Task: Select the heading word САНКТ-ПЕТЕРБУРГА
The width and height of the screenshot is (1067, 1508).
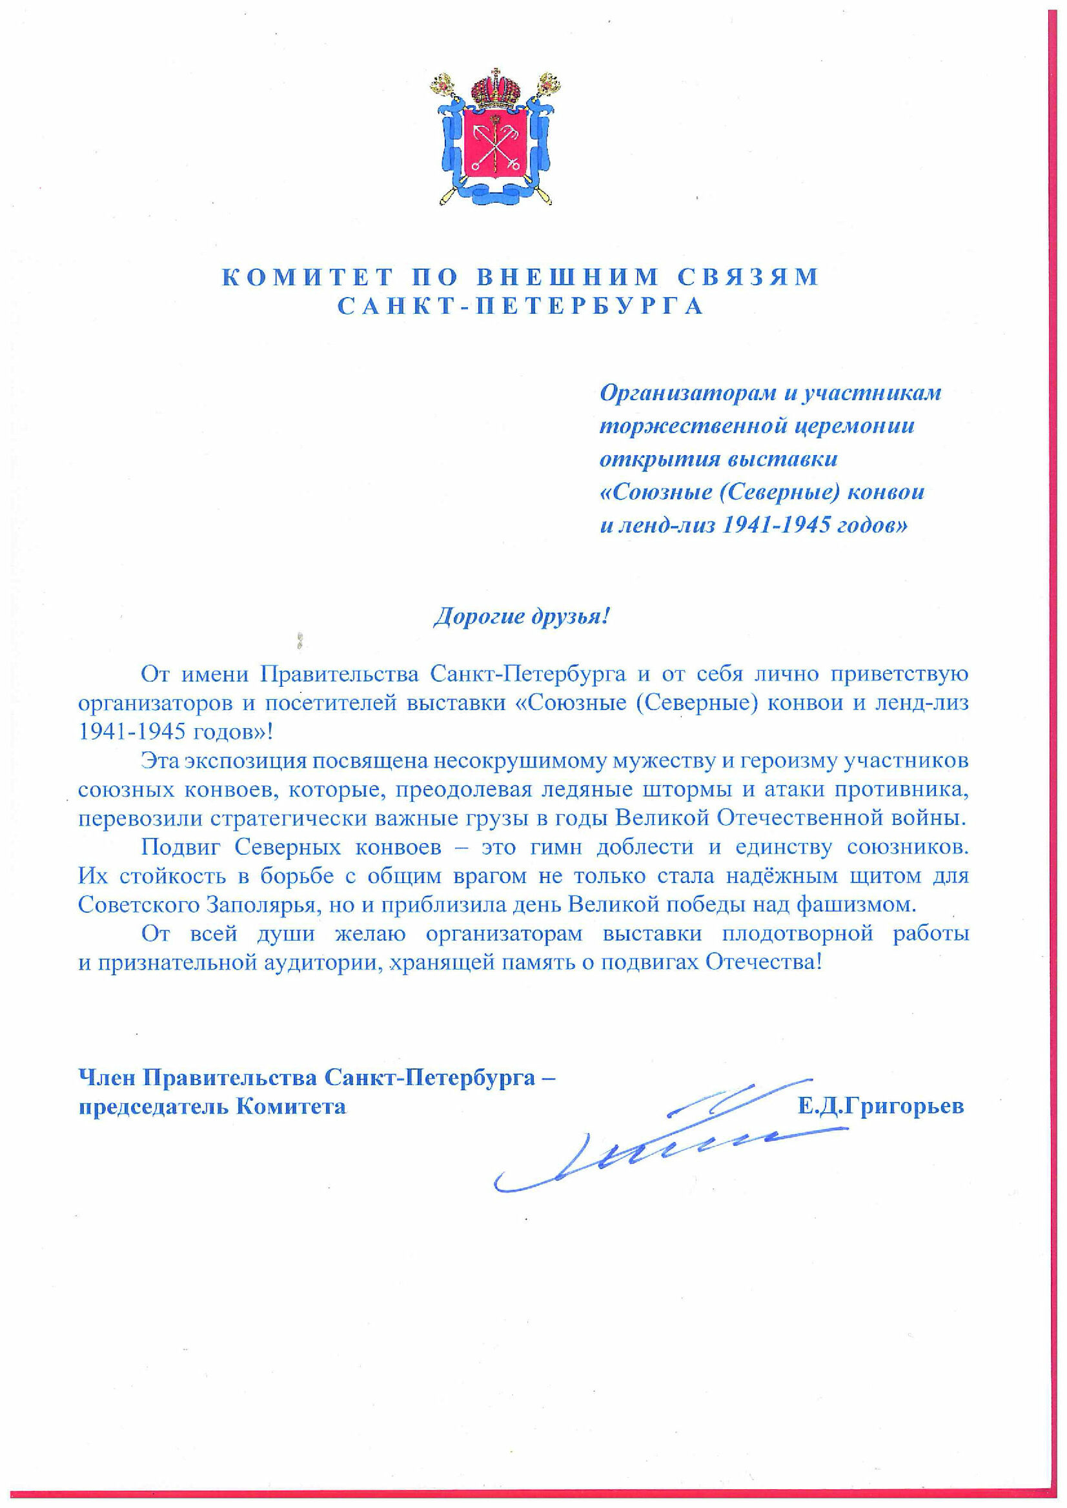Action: pos(520,306)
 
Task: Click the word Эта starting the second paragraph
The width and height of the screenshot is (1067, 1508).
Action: pos(159,761)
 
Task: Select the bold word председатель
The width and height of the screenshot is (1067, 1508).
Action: pos(152,1107)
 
